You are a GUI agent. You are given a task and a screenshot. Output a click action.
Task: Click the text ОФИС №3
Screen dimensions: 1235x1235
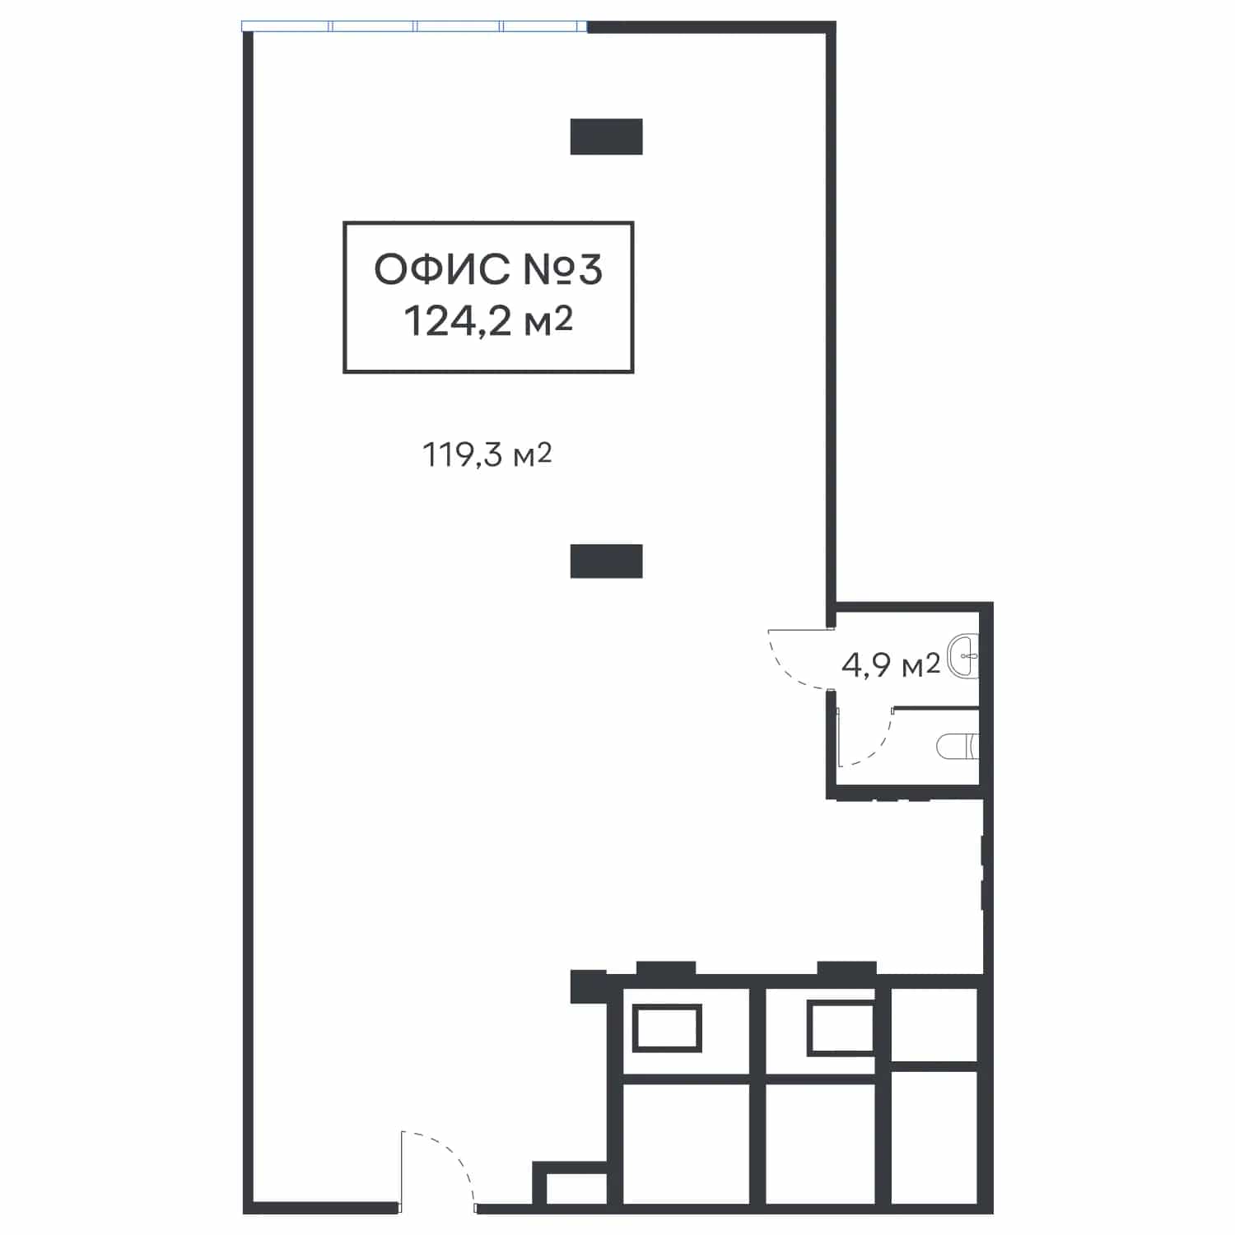tap(488, 269)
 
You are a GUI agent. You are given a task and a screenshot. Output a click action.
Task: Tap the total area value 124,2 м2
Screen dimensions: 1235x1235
tap(488, 321)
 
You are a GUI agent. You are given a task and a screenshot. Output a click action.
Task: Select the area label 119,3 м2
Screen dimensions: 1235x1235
tap(487, 454)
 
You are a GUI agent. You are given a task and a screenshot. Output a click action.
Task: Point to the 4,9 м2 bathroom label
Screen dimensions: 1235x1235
tap(890, 664)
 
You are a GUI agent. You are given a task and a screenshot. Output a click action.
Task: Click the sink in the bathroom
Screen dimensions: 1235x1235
tap(962, 656)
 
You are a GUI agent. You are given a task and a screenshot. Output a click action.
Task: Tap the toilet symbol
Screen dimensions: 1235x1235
tap(958, 746)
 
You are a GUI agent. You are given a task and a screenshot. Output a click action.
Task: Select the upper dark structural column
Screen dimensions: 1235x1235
tap(606, 137)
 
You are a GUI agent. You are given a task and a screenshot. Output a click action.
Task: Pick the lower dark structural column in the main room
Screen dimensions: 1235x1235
tap(606, 561)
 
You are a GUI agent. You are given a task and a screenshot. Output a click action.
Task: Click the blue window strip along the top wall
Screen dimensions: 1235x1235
tap(415, 26)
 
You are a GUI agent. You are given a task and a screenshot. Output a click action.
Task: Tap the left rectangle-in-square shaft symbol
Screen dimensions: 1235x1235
tap(667, 1028)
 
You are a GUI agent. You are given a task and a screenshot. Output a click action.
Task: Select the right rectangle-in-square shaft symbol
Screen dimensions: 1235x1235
tap(841, 1028)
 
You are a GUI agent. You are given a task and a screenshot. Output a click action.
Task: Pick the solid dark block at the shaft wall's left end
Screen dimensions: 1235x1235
tap(588, 986)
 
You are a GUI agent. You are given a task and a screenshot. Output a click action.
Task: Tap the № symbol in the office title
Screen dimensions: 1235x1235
tap(544, 269)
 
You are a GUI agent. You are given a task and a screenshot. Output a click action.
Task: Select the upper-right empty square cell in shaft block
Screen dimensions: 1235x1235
tap(934, 1025)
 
